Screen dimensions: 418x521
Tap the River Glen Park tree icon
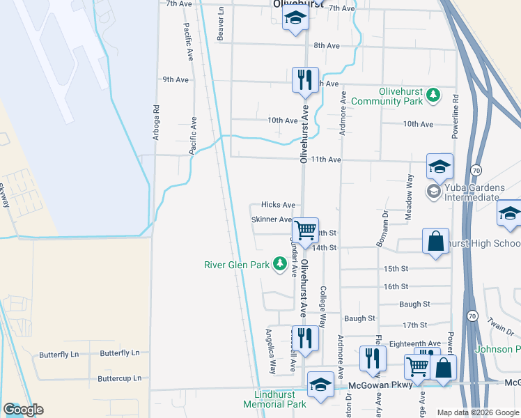280,264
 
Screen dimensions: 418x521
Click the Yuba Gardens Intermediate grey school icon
434,191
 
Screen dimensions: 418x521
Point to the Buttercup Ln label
119,378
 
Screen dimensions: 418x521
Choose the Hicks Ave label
278,205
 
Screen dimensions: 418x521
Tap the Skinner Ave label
272,219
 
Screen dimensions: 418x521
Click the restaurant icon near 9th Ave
304,80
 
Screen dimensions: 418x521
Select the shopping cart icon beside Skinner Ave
305,229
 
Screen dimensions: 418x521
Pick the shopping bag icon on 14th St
435,241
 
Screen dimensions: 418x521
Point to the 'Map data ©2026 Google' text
478,412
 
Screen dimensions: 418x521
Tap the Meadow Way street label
410,197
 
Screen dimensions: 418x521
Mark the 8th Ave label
326,45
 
